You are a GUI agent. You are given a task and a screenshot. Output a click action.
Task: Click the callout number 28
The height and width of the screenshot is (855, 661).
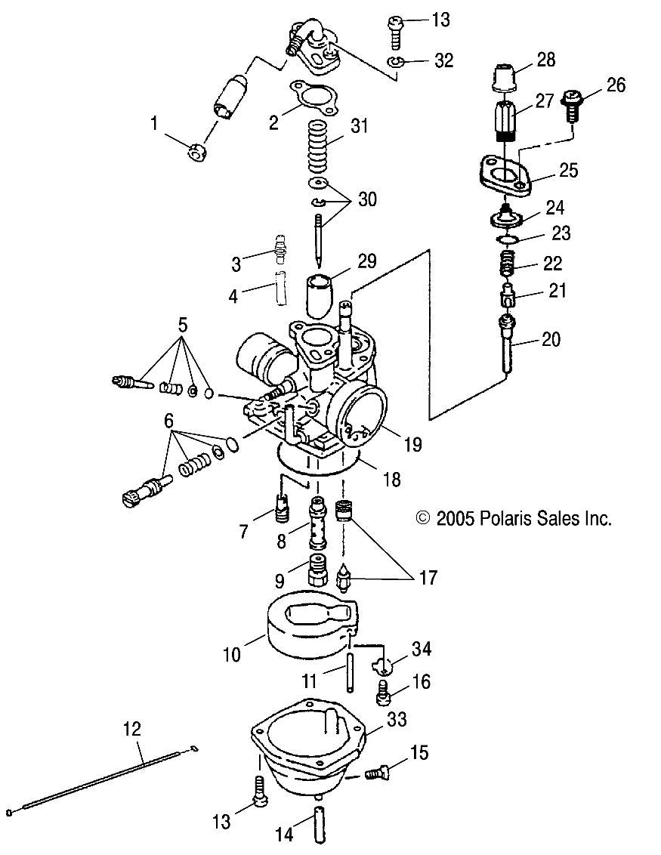pyautogui.click(x=547, y=60)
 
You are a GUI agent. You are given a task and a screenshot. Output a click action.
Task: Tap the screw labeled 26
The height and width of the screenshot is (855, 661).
pyautogui.click(x=574, y=107)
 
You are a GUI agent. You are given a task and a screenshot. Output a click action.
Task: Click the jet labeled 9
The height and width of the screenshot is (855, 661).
pyautogui.click(x=316, y=574)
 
